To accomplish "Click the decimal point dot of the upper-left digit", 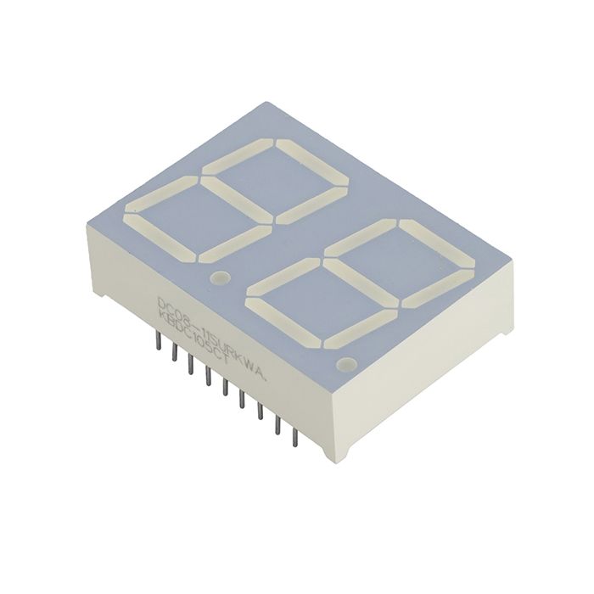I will click(x=221, y=277).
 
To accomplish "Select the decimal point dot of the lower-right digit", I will click(x=345, y=365).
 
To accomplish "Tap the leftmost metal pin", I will click(x=158, y=339).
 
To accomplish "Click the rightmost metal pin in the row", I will click(x=295, y=438).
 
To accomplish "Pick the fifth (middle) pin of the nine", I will click(x=226, y=388).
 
